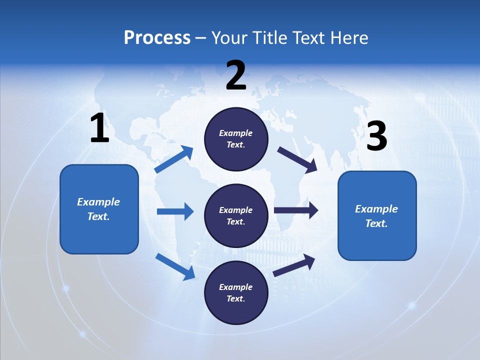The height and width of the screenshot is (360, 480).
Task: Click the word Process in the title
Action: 157,37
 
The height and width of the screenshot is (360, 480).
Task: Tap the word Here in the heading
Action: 348,37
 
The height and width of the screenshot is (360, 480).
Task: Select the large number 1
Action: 99,128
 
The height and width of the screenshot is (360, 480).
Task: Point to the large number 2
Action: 236,75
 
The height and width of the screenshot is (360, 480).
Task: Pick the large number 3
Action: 377,136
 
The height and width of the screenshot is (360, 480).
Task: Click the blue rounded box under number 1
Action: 99,209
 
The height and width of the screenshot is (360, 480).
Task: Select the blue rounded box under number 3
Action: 377,216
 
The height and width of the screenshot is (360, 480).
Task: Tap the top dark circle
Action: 236,139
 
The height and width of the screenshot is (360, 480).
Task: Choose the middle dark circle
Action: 236,216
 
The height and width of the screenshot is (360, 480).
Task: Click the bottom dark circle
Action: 236,293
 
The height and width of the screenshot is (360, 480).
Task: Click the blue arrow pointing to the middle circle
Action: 175,211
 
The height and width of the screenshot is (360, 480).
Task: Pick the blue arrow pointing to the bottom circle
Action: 175,266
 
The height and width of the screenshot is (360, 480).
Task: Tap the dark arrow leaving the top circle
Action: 297,160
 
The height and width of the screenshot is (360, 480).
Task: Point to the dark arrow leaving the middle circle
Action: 296,210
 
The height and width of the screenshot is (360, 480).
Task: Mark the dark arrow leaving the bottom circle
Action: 294,265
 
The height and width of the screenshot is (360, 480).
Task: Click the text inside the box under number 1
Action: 99,209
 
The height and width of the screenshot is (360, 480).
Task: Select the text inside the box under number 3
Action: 377,216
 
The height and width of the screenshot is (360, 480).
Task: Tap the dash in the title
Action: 201,38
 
